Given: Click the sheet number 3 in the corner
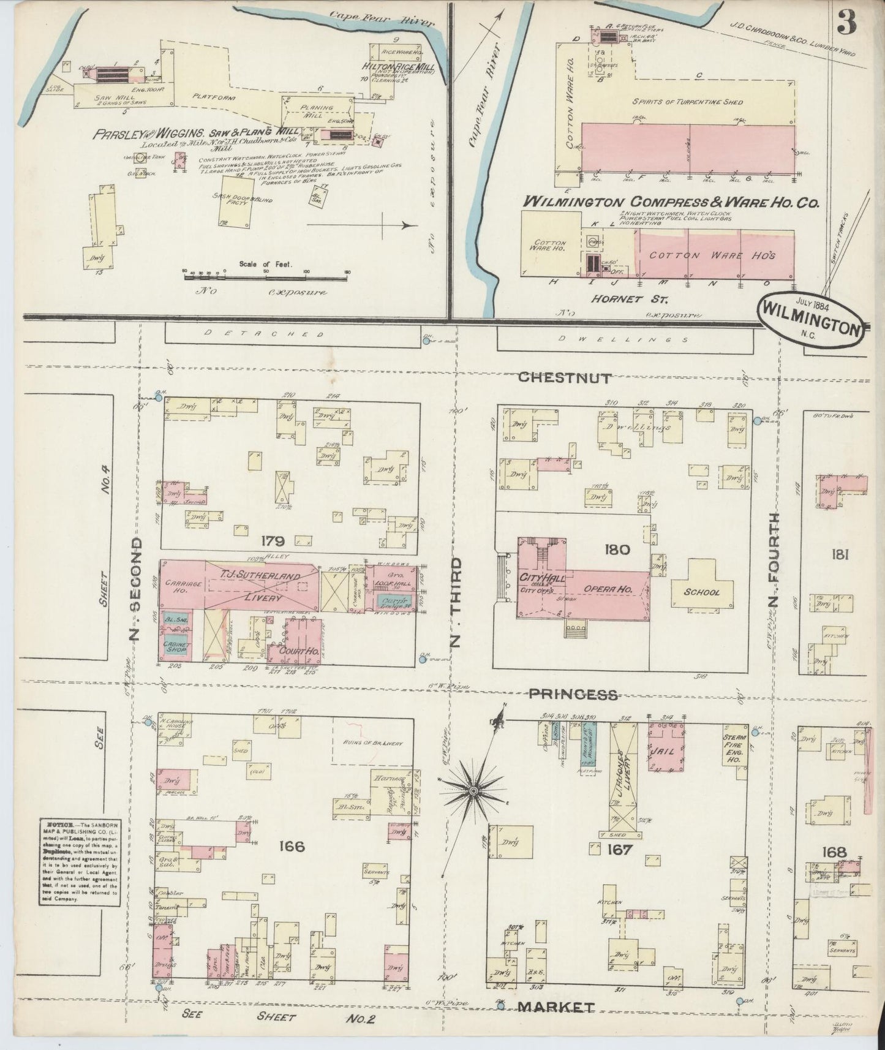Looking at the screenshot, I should (848, 23).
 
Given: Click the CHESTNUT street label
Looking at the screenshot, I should (564, 378).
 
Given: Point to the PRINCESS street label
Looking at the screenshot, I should (581, 694).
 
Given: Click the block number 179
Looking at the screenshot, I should (272, 541).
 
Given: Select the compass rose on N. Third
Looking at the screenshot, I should (472, 793).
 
